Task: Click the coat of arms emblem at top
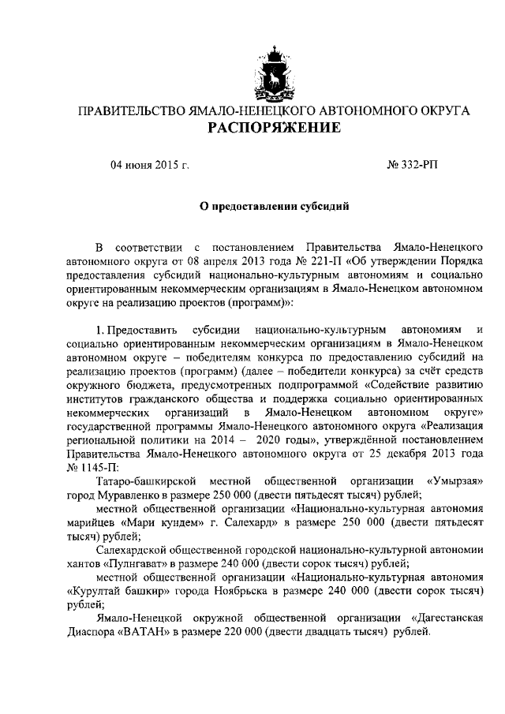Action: click(x=275, y=70)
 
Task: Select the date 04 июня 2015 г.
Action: click(x=150, y=166)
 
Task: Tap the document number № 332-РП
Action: click(x=411, y=166)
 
